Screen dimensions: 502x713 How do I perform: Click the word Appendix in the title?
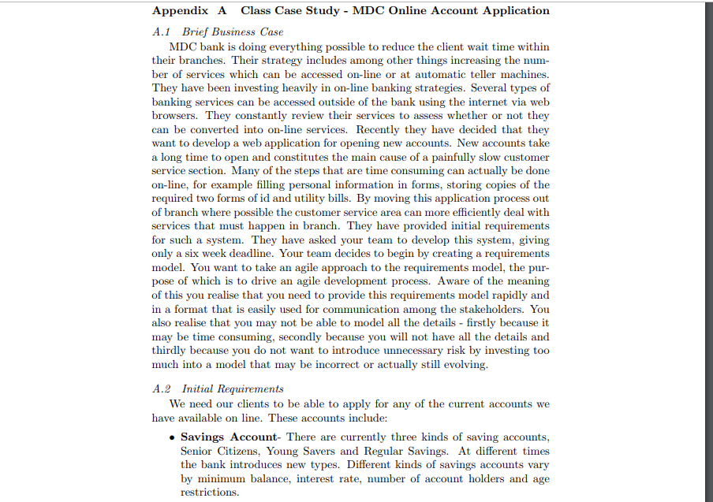[x=181, y=11]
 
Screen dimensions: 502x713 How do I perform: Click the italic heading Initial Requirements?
[x=233, y=389]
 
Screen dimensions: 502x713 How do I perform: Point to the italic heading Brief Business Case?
[x=233, y=32]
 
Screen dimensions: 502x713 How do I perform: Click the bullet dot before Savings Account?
[x=171, y=437]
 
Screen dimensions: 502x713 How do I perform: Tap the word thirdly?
[x=171, y=350]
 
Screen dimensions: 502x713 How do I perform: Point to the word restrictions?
[x=209, y=493]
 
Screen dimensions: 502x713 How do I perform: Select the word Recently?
[x=380, y=129]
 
